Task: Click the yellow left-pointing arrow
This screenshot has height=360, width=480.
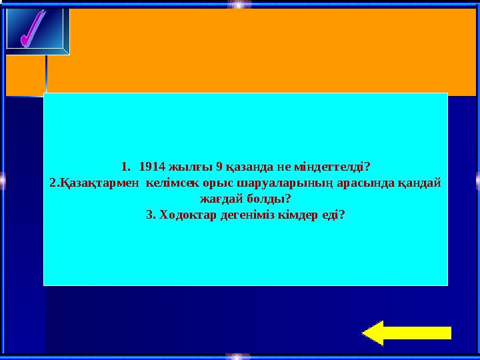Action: point(408,333)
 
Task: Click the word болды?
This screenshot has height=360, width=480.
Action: point(269,199)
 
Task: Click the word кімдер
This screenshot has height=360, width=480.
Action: point(296,215)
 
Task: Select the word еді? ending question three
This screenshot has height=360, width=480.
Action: point(334,215)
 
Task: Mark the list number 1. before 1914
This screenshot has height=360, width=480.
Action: point(127,165)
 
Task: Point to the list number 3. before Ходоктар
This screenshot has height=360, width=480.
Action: point(150,215)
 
